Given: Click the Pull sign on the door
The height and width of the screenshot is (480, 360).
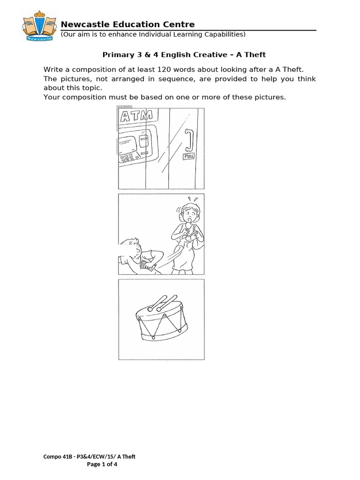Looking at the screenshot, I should (189, 157).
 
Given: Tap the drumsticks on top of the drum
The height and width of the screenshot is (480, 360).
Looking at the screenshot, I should (162, 302).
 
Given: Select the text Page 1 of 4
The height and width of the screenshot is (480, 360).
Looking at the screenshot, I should (102, 465).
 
